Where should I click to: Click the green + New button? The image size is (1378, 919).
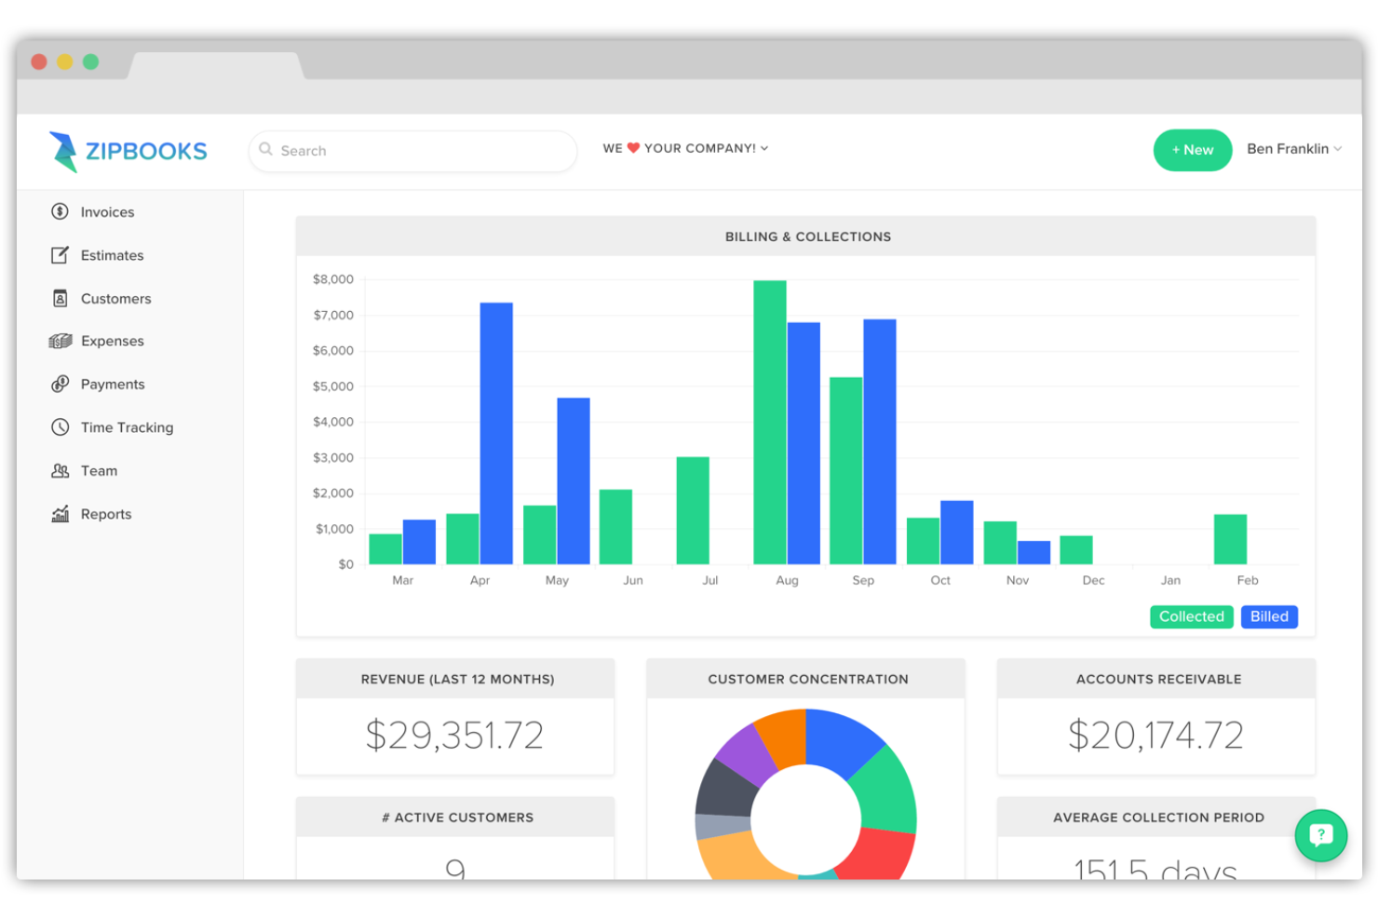click(1192, 150)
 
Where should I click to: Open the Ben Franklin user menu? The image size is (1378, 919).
click(1293, 149)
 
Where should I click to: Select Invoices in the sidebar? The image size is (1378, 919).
click(107, 212)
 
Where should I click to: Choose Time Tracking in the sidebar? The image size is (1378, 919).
click(127, 427)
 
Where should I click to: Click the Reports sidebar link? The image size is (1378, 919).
click(105, 514)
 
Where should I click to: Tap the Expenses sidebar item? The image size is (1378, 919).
click(112, 341)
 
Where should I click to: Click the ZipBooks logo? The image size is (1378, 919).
click(128, 151)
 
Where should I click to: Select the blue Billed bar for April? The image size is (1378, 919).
click(496, 433)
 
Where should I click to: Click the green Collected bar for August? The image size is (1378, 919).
click(770, 422)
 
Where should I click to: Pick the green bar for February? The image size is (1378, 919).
click(1230, 539)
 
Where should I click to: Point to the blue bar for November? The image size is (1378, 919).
click(1033, 552)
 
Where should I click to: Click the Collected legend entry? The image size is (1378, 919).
click(1191, 616)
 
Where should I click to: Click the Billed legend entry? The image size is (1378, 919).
click(1268, 616)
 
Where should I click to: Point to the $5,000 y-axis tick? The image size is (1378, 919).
click(332, 386)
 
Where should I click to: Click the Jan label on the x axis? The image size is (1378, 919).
click(1170, 580)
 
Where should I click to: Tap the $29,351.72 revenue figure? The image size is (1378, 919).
click(454, 736)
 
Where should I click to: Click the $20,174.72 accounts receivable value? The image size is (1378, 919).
click(1155, 736)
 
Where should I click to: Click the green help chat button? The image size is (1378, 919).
click(1320, 835)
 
